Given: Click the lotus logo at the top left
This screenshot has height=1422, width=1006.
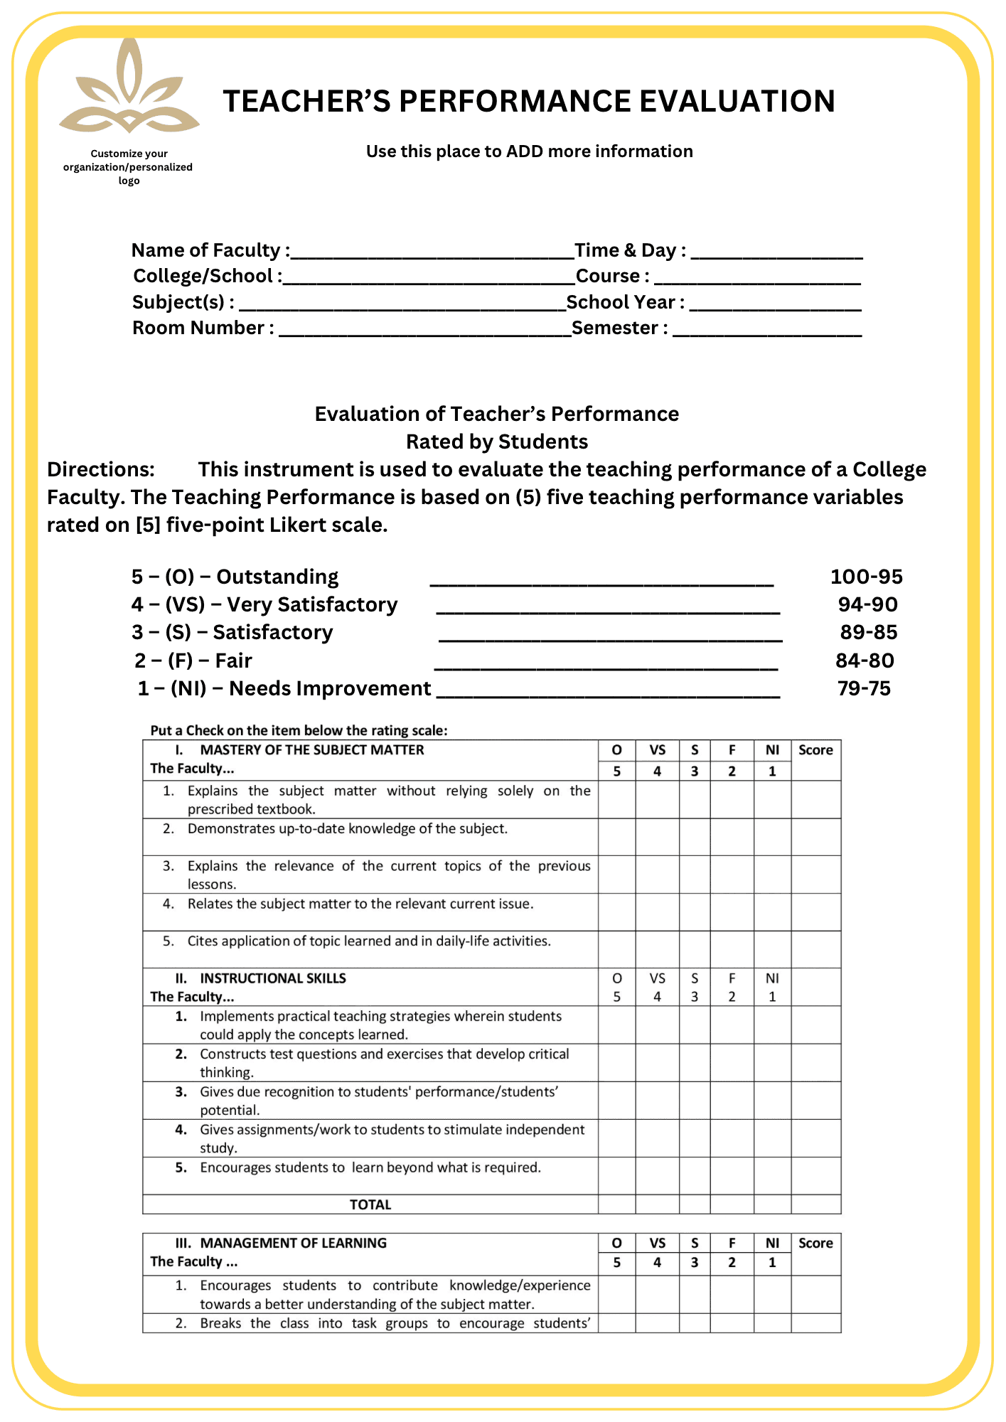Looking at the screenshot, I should point(129,89).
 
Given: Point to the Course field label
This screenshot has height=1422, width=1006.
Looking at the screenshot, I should point(611,276).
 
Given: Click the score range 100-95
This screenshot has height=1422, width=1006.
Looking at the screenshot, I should point(866,577).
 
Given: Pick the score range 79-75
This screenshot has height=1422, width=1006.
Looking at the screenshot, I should point(864,688).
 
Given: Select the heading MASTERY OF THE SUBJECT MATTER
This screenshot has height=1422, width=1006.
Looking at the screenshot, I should point(311,750).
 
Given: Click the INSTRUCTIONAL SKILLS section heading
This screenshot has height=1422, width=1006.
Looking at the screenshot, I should point(272,978).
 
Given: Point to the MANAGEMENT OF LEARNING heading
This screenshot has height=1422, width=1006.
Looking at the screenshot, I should point(293,1243).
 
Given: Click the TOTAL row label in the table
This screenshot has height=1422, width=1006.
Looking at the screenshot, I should point(370,1204).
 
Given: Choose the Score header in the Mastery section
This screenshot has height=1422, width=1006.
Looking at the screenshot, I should point(815,750).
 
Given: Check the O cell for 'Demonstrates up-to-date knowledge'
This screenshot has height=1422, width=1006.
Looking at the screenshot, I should point(616,837).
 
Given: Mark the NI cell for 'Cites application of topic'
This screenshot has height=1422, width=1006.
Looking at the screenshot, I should point(772,949).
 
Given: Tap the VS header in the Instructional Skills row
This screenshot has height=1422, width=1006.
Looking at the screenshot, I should point(657,978).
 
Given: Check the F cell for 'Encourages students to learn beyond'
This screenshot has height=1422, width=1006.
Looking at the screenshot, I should point(732,1176).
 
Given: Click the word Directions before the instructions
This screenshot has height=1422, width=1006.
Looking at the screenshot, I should point(101,470).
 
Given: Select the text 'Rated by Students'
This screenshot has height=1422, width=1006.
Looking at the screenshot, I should point(497,442).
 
